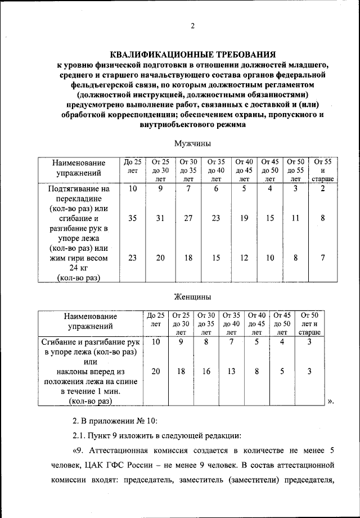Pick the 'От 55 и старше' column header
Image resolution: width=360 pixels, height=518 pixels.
click(x=322, y=170)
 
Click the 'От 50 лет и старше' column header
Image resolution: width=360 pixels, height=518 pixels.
click(x=309, y=323)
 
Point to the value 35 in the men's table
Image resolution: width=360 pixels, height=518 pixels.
click(x=133, y=218)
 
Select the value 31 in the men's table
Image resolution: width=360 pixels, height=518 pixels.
click(x=160, y=218)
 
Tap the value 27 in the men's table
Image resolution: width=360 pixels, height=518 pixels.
click(x=188, y=218)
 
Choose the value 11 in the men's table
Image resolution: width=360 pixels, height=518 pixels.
click(x=296, y=218)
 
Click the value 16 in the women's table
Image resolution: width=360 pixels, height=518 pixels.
click(x=206, y=371)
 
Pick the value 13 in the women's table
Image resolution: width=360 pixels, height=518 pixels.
click(x=231, y=371)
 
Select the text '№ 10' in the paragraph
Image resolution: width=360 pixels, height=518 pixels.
click(x=148, y=420)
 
